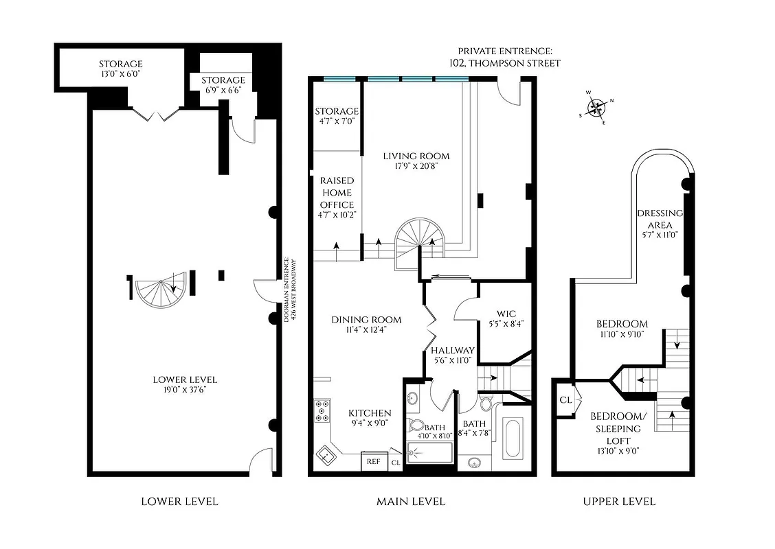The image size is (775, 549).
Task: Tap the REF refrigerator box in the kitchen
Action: pyautogui.click(x=373, y=462)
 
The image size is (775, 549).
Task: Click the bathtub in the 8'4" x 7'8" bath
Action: pyautogui.click(x=512, y=439)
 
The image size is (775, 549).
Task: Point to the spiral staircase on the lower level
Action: pyautogui.click(x=157, y=293)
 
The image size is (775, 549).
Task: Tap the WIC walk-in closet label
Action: pyautogui.click(x=506, y=314)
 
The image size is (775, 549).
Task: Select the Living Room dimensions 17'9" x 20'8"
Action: pyautogui.click(x=416, y=166)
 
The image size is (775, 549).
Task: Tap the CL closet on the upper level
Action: pyautogui.click(x=566, y=399)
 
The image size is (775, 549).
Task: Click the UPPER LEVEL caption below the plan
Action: pyautogui.click(x=619, y=502)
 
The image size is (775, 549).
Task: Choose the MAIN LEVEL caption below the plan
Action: pyautogui.click(x=411, y=502)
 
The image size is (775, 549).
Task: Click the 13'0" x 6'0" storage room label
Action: pyautogui.click(x=120, y=69)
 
